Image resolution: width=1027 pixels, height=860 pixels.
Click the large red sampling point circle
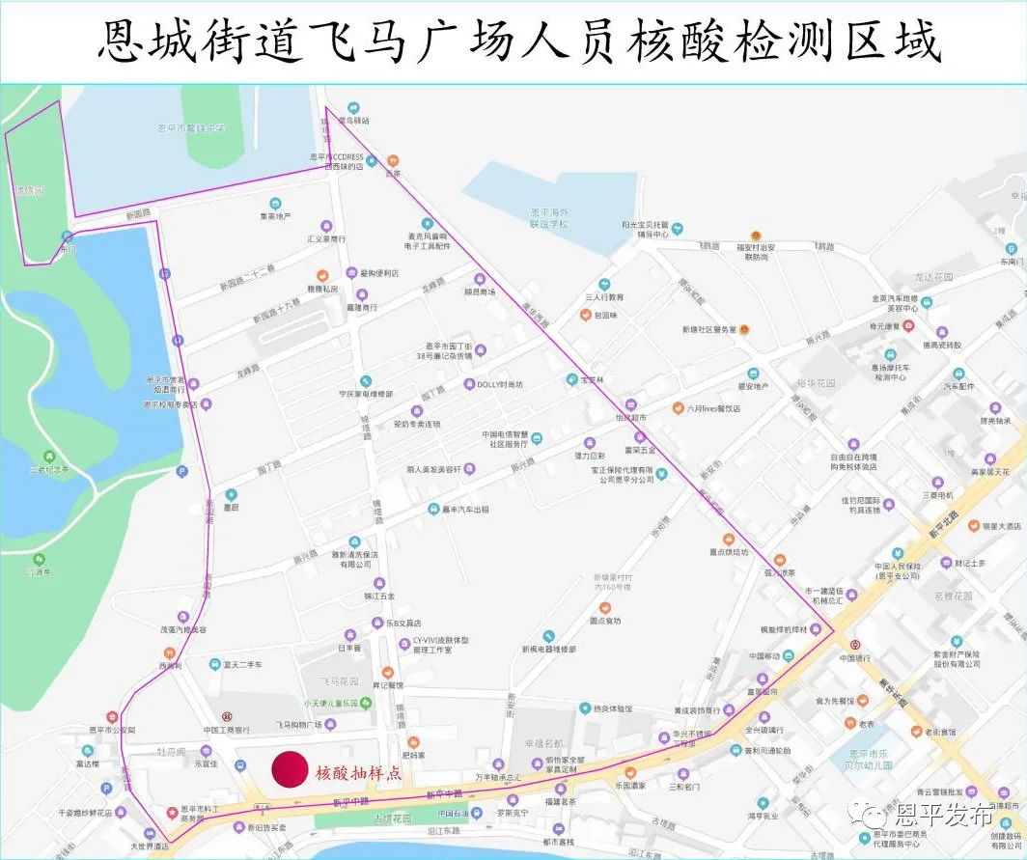point(290,769)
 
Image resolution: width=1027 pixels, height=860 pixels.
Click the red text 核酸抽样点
point(358,773)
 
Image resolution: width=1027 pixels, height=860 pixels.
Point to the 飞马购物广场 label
point(296,724)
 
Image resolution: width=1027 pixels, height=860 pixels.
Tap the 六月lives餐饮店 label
point(713,408)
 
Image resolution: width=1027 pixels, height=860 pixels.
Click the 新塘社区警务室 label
point(708,329)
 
